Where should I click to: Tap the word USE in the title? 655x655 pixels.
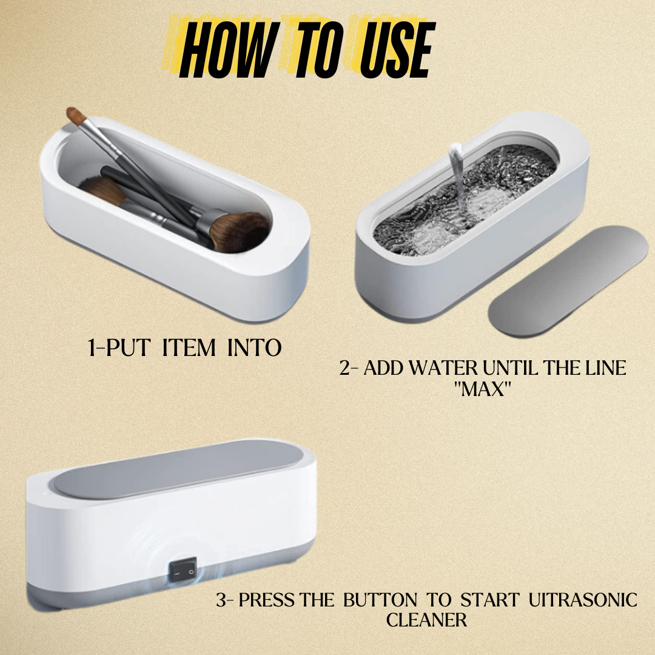click(x=395, y=51)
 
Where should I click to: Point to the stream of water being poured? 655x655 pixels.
click(x=454, y=182)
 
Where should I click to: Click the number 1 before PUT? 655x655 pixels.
click(x=92, y=348)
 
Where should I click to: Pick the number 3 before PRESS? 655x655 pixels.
click(x=222, y=600)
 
